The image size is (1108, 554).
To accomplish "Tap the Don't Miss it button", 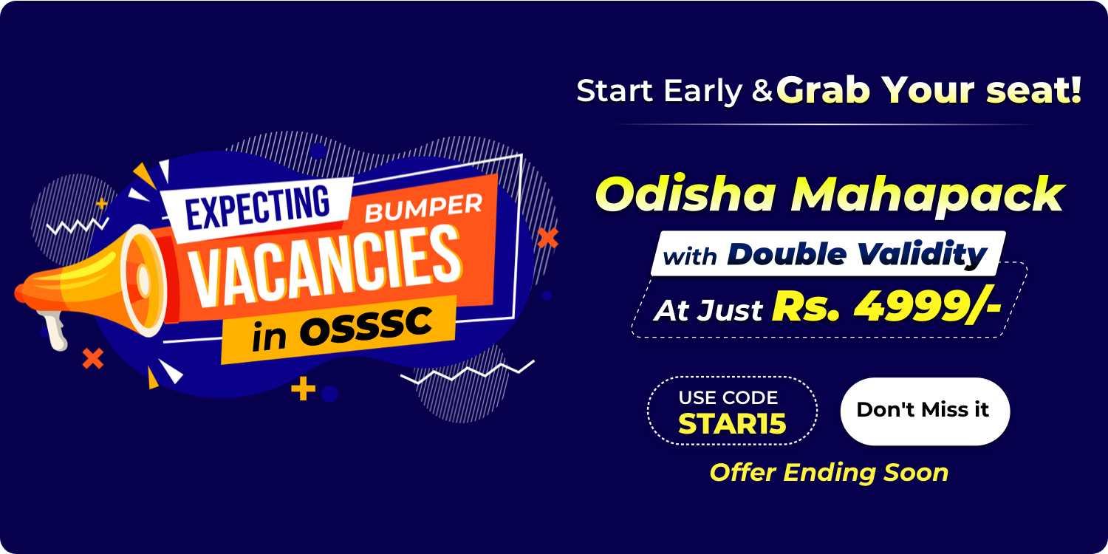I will point(924,411).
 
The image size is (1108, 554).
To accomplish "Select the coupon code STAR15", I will point(732,424).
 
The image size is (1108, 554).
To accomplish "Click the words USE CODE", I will point(728,397).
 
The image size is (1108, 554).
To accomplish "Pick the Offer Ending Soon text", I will point(829,472).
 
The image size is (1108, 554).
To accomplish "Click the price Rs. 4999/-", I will point(886,307).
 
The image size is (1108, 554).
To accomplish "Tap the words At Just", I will point(708,310).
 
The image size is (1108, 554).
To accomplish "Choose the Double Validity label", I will point(857,255).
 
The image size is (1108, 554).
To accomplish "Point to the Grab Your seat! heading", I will point(929,89).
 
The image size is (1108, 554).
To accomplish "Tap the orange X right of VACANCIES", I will point(547,238).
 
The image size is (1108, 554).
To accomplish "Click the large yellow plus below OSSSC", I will point(303,389).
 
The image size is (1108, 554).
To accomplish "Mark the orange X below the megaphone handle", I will point(92,359).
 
